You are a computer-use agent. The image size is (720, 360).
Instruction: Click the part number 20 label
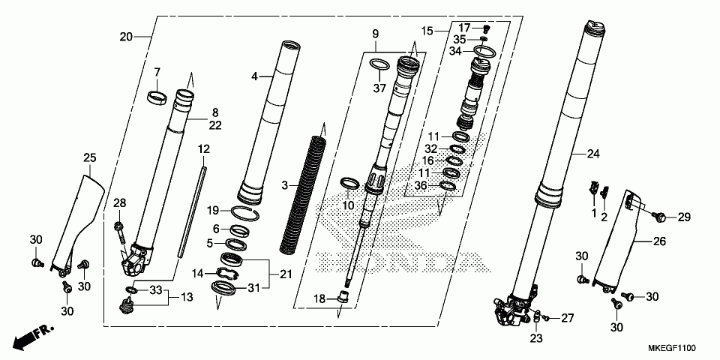click(x=126, y=37)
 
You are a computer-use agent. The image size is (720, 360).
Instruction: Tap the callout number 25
click(x=90, y=158)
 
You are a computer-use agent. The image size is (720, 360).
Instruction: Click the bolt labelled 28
click(x=120, y=232)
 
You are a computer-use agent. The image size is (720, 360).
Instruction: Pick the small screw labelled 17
click(x=487, y=29)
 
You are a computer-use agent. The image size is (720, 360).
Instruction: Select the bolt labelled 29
click(x=661, y=217)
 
